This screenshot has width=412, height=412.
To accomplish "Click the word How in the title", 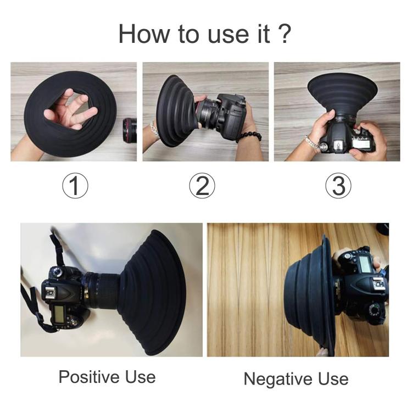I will tap(141, 34).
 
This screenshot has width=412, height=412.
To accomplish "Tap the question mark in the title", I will tap(284, 34).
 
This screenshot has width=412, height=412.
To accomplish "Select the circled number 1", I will tap(75, 187).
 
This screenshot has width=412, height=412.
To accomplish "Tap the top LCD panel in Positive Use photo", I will tap(59, 316).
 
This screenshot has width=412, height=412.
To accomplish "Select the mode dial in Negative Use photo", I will tap(375, 310).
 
